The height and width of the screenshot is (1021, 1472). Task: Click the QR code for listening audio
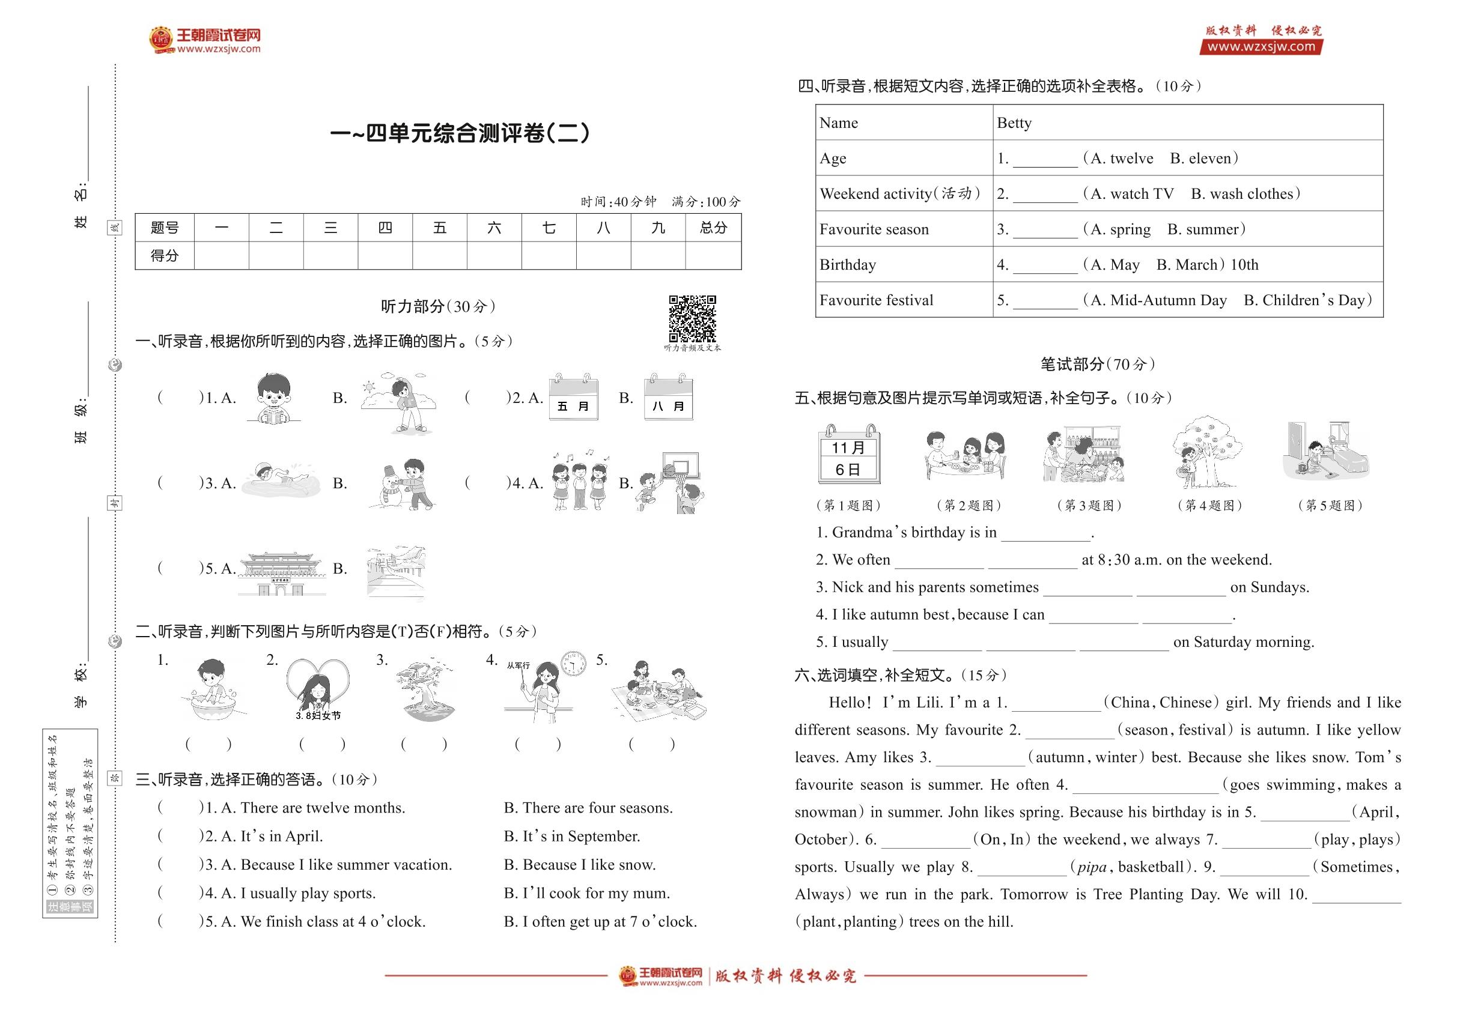coord(692,318)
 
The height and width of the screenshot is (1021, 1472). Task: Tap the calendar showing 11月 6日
coord(848,455)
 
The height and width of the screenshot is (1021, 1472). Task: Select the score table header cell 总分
coord(713,228)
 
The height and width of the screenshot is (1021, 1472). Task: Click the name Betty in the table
coord(1014,123)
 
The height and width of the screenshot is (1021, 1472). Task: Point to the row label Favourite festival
coord(876,300)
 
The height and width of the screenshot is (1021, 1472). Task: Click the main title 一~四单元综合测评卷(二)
coord(460,133)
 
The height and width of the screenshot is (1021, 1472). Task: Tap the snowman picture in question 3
coord(401,483)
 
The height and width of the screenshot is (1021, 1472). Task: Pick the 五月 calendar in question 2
coord(573,398)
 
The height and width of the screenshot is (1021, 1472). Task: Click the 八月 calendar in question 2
coord(668,398)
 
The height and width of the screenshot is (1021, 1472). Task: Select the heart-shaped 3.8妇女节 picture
coord(318,689)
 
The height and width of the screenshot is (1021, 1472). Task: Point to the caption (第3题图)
coord(1089,505)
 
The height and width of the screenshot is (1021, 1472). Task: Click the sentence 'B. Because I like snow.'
coord(579,865)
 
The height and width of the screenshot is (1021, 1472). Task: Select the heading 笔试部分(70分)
coord(1097,365)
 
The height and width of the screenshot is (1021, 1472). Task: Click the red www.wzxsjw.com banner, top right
coord(1260,47)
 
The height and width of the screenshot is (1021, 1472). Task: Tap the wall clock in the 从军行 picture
coord(573,664)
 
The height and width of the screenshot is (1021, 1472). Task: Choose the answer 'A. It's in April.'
coord(272,836)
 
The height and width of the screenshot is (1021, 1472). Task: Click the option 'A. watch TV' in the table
coord(1132,194)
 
